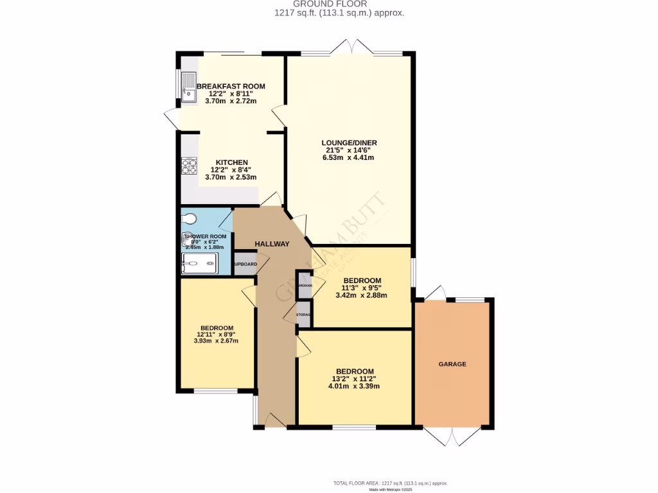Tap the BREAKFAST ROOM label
coord(231,86)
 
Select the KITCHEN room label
coord(231,162)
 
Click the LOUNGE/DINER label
coord(350,143)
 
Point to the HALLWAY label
coord(272,244)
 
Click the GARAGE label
coord(452,364)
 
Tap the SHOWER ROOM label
coord(205,236)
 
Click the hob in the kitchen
coord(189,166)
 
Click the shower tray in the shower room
coord(199,263)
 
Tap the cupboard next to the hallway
coord(245,264)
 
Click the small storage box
coord(304,315)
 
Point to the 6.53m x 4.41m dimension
coord(350,158)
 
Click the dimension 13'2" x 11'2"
coord(354,379)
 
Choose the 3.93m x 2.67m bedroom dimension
coord(216,341)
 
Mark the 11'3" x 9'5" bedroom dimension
coord(362,288)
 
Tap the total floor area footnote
coord(390,483)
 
